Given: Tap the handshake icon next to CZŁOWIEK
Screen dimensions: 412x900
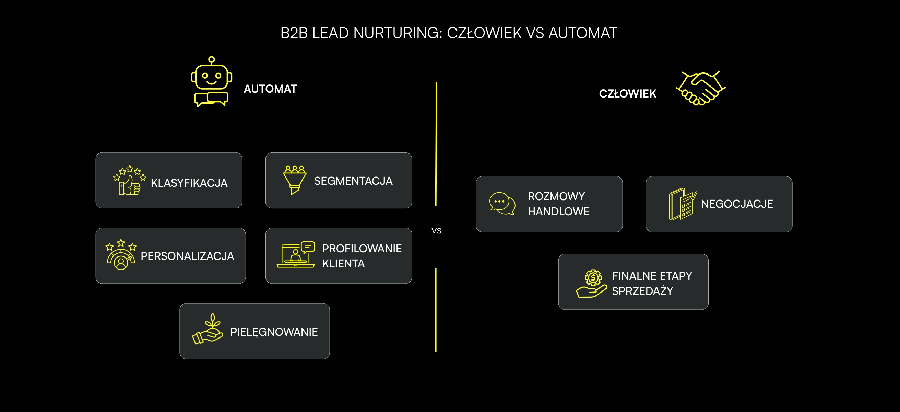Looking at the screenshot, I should coord(701,88).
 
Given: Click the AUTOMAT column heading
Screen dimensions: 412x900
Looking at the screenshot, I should coord(270,89).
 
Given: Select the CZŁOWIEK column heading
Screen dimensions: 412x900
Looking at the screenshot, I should coord(627,94).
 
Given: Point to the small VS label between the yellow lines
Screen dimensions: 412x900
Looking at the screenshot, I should coord(436,231).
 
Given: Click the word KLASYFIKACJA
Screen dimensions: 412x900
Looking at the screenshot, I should coord(189,183).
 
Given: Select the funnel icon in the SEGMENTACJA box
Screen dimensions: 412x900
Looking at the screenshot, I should coord(295,180).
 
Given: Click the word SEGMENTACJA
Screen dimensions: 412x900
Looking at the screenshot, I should coord(353,181).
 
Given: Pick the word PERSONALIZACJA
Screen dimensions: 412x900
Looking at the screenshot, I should coord(187,256).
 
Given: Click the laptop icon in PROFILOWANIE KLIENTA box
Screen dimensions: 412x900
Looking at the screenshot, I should coord(296,255).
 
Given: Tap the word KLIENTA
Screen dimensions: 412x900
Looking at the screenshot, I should coord(343,264).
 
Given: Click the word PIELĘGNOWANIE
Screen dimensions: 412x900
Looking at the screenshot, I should coord(274,332).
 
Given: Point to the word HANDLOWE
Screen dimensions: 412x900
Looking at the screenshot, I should coord(558,211).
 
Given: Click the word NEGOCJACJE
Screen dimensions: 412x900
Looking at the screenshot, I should coord(737,204).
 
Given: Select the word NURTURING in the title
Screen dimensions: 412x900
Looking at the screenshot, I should coord(398,33).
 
